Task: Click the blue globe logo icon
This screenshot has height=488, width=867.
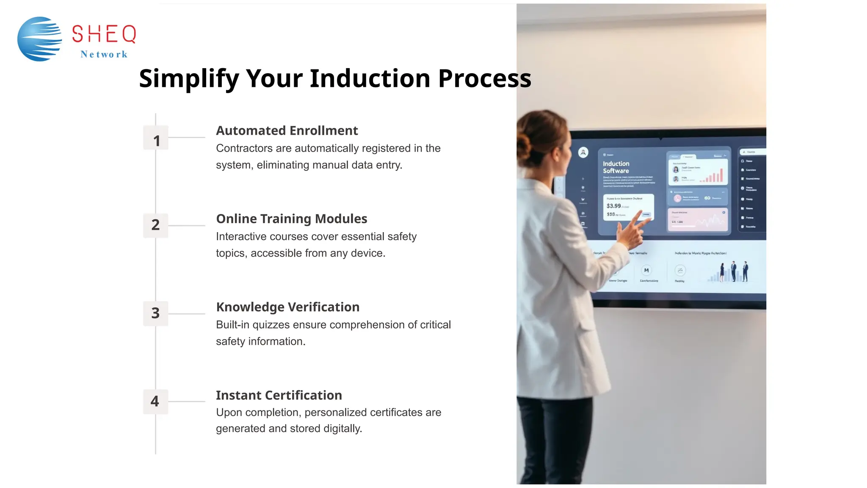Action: click(x=39, y=39)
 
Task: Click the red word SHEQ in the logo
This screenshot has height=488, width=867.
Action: click(x=104, y=34)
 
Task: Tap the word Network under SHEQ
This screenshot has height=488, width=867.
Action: click(x=104, y=54)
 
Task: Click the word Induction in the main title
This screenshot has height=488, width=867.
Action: click(x=370, y=78)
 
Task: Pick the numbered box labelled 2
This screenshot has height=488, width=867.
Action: click(x=156, y=225)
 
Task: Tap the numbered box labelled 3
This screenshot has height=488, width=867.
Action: click(x=156, y=313)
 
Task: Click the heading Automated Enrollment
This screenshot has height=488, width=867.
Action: click(x=287, y=130)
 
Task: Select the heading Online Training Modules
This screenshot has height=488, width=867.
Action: click(x=291, y=219)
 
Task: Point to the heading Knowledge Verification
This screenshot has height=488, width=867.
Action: click(x=287, y=307)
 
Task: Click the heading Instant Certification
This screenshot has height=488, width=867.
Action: click(x=279, y=395)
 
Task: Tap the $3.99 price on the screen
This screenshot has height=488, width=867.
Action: click(x=613, y=206)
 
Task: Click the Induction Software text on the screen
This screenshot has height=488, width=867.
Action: click(x=616, y=167)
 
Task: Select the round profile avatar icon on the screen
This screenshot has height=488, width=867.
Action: click(x=583, y=152)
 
